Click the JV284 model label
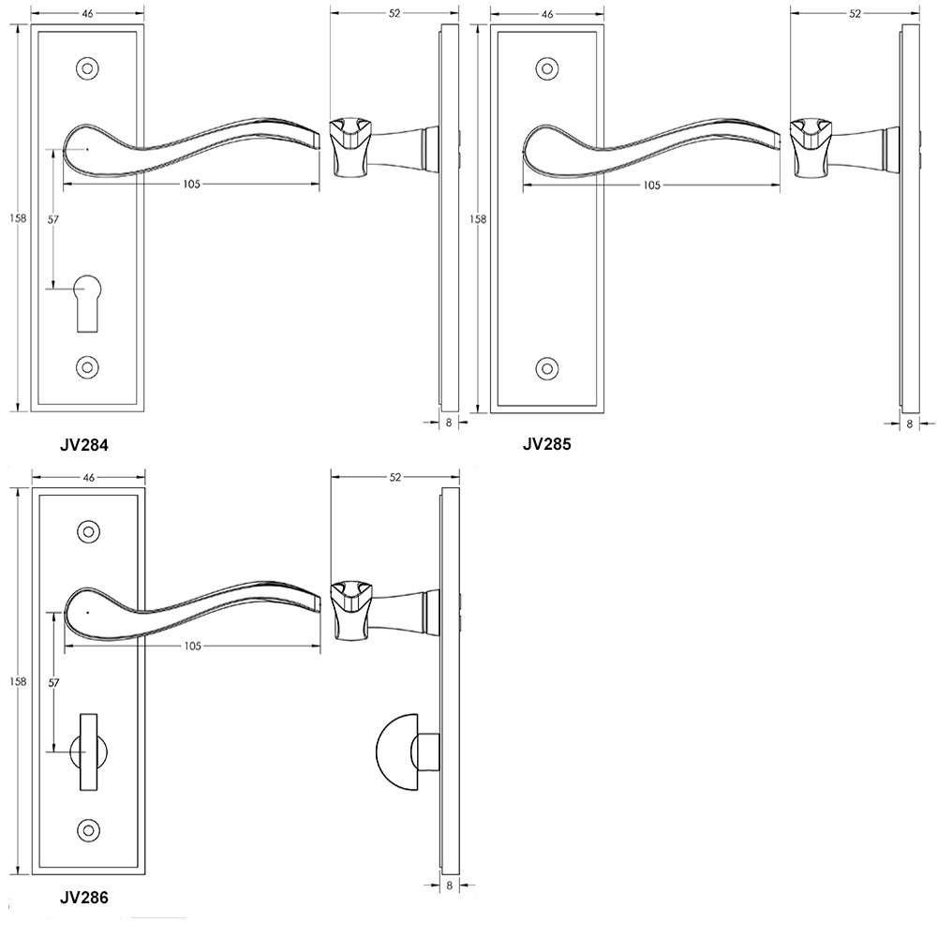coord(84,445)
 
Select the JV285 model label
coord(546,444)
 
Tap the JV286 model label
coord(84,897)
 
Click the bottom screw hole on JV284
coord(87,367)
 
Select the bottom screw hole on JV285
coord(547,367)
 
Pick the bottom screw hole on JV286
coord(90,829)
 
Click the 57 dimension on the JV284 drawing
coord(53,218)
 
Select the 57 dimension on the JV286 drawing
coord(53,683)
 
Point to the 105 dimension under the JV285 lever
coord(651,185)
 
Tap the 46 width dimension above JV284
coord(88,14)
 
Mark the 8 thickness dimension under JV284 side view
coord(449,423)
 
